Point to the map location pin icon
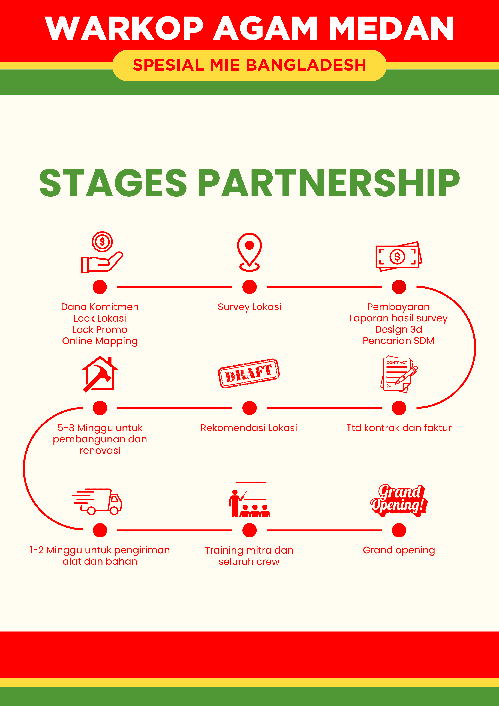click(x=249, y=252)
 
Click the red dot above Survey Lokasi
click(x=249, y=287)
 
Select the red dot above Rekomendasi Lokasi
click(x=249, y=408)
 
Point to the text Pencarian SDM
click(x=398, y=341)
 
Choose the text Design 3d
click(x=398, y=329)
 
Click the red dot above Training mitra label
click(x=249, y=530)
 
